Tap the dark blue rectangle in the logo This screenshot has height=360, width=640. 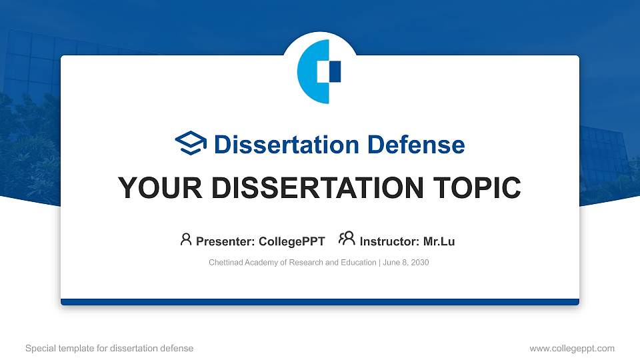tap(335, 71)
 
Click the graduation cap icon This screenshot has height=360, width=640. tap(191, 144)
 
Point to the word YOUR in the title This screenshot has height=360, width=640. tap(153, 189)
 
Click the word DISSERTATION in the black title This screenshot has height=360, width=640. tap(312, 189)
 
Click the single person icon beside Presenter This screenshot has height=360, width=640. tap(186, 239)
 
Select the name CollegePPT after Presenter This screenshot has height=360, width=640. tap(292, 241)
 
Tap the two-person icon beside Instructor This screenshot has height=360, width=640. tap(347, 239)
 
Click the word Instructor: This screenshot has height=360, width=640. tap(389, 241)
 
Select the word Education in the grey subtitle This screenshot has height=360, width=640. tap(357, 263)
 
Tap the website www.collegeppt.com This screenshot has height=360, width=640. tap(571, 348)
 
